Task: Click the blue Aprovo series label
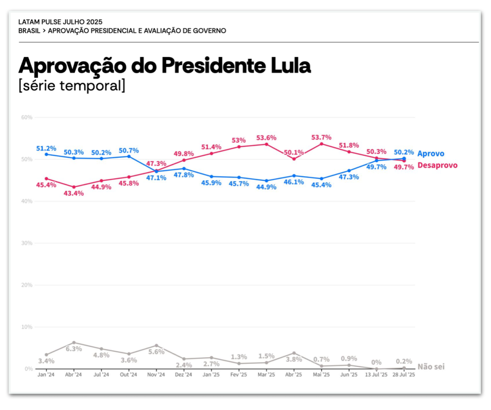pos(431,154)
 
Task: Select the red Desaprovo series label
pos(437,165)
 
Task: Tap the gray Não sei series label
pos(431,367)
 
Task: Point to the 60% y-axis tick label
pos(26,117)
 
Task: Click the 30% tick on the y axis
pos(26,243)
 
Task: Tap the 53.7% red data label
pos(321,138)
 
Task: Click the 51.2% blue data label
pos(46,148)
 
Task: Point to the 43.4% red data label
pos(74,193)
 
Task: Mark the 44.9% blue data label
pos(266,187)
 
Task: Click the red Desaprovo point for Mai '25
pos(321,144)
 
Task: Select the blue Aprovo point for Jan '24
pos(46,154)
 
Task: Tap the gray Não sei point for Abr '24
pos(74,343)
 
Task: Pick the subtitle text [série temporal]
pos(71,86)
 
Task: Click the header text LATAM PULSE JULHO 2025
pos(60,22)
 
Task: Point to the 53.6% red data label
pos(266,138)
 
